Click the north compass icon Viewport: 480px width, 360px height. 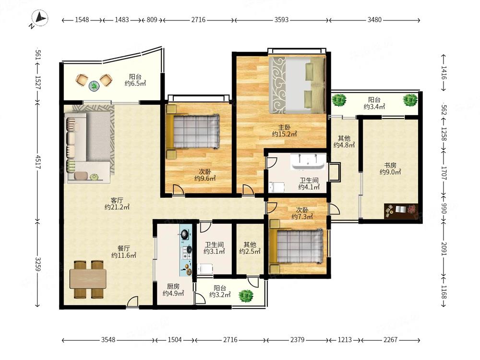pos(40,19)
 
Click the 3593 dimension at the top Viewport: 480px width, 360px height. pos(281,20)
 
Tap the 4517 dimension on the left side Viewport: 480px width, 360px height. pos(38,162)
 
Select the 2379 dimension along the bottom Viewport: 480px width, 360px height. pos(297,340)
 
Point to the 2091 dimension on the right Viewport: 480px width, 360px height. pos(444,249)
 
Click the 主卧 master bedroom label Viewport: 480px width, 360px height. pos(284,127)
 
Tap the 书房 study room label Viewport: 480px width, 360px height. pos(390,165)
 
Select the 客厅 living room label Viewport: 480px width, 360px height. pos(117,201)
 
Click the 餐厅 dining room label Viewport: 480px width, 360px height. pos(123,248)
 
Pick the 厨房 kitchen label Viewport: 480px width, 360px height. pos(173,287)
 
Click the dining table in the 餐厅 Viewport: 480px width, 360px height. pos(88,279)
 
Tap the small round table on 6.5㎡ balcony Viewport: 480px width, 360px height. pos(94,86)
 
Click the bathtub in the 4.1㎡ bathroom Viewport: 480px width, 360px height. pos(307,162)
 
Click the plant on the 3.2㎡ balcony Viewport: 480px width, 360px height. pos(246,295)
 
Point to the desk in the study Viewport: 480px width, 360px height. pos(401,211)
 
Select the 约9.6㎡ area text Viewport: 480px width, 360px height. pos(205,178)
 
